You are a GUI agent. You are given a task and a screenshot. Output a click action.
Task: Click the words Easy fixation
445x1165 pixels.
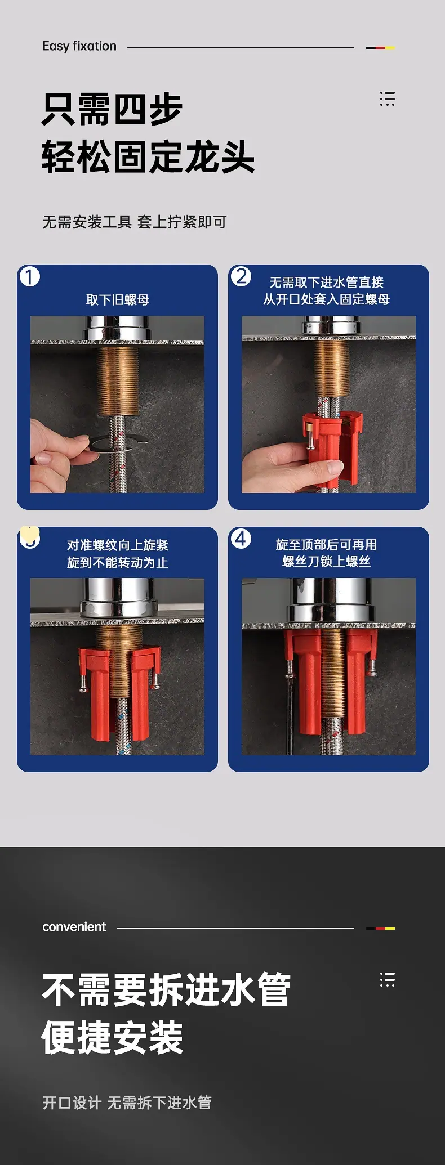tap(79, 46)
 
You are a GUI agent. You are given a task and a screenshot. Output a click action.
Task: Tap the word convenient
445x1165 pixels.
tap(74, 927)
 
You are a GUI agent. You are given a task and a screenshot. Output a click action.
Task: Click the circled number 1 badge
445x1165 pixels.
tap(30, 276)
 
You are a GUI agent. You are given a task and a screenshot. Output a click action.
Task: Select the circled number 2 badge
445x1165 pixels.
tap(241, 276)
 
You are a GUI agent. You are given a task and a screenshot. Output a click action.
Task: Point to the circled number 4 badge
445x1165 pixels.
tap(241, 539)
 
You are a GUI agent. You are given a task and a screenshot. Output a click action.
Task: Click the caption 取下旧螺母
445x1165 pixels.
tap(118, 300)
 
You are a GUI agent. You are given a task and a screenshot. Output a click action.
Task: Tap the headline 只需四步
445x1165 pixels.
tap(112, 109)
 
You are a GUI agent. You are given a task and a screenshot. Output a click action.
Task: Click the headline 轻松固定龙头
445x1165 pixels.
tap(148, 156)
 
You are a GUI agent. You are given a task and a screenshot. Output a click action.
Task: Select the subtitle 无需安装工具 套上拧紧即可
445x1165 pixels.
tap(135, 222)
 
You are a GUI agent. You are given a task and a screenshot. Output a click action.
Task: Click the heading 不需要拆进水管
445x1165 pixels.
tap(166, 989)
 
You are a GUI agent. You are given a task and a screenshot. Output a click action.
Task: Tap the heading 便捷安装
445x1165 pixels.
tap(113, 1037)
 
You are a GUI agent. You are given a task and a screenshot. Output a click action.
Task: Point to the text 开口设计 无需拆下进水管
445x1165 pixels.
tap(127, 1103)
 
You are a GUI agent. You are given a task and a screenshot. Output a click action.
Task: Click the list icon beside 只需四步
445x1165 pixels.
tap(387, 98)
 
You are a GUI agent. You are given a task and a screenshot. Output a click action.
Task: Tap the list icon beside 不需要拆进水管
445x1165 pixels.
tap(387, 979)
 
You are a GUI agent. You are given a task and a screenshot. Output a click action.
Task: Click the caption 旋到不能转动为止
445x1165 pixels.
tap(118, 562)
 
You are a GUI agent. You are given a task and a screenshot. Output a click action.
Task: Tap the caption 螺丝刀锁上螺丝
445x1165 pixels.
tap(327, 561)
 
